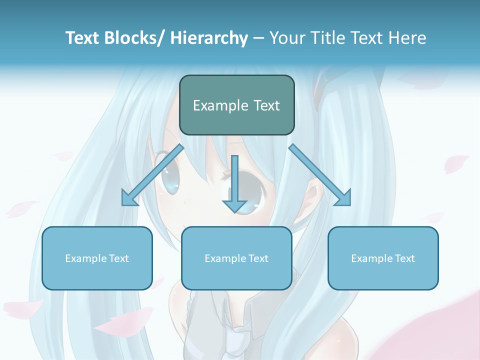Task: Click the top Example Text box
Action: tap(236, 105)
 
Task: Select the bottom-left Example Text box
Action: tap(97, 258)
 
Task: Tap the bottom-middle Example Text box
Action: tap(236, 258)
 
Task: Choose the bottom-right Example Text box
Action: tap(383, 258)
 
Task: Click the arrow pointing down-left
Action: tap(152, 175)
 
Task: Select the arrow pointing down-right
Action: tap(320, 175)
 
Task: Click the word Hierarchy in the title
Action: tap(208, 38)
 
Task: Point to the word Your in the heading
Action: tap(288, 38)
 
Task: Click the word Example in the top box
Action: tap(220, 105)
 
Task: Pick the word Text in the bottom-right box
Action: tap(404, 258)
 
